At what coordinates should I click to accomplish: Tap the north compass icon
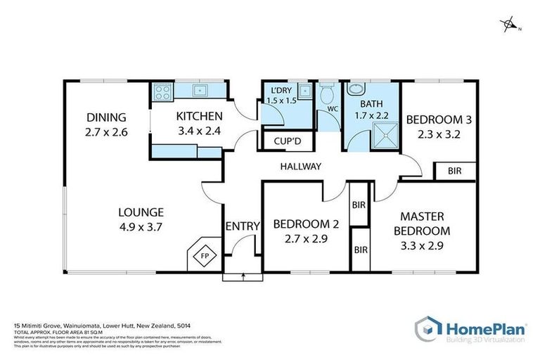pyautogui.click(x=509, y=26)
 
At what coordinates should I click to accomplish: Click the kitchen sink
pyautogui.click(x=200, y=89)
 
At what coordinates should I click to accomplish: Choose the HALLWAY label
pyautogui.click(x=300, y=167)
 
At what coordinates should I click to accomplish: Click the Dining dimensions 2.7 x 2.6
pyautogui.click(x=106, y=131)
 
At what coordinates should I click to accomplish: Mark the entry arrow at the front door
pyautogui.click(x=243, y=276)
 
